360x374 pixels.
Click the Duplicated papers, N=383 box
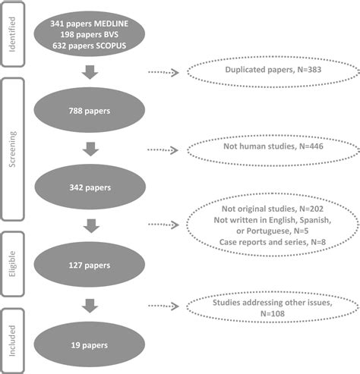click(272, 72)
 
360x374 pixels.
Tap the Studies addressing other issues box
click(272, 307)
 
